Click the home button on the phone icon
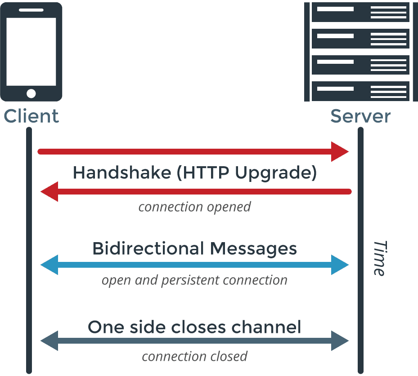31,93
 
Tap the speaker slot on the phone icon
31,9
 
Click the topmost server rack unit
360,12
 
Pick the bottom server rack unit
360,91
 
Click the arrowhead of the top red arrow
340,151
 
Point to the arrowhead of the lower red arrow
49,192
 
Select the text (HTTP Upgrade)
247,173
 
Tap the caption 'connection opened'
194,207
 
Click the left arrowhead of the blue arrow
49,265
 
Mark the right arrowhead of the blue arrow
340,265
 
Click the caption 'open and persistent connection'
194,280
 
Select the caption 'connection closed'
194,357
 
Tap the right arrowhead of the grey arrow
340,341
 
